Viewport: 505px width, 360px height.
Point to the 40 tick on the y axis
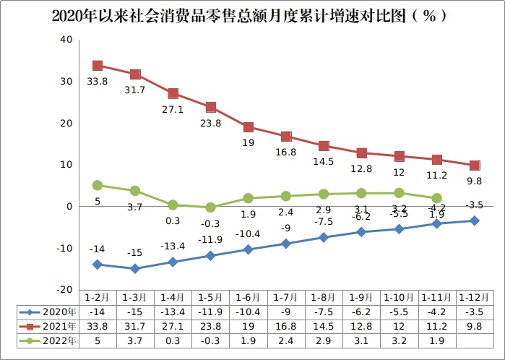[x=66, y=40]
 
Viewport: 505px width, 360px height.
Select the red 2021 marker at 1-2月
[x=98, y=66]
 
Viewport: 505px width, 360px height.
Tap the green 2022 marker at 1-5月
[x=210, y=207]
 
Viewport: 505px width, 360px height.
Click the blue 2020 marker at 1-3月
[x=135, y=269]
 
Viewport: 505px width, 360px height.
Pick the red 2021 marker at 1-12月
[x=474, y=166]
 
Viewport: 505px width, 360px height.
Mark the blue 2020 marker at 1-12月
[x=474, y=220]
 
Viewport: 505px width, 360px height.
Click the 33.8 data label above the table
[x=98, y=82]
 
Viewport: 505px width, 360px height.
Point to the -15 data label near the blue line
[x=135, y=252]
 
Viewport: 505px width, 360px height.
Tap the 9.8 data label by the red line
[x=473, y=181]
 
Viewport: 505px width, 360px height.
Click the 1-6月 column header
[x=248, y=298]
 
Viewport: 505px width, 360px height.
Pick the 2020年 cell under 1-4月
[x=173, y=312]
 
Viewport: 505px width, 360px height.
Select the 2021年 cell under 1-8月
[x=323, y=326]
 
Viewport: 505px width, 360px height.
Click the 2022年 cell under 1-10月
[x=398, y=340]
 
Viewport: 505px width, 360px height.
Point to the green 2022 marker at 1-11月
[x=436, y=198]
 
